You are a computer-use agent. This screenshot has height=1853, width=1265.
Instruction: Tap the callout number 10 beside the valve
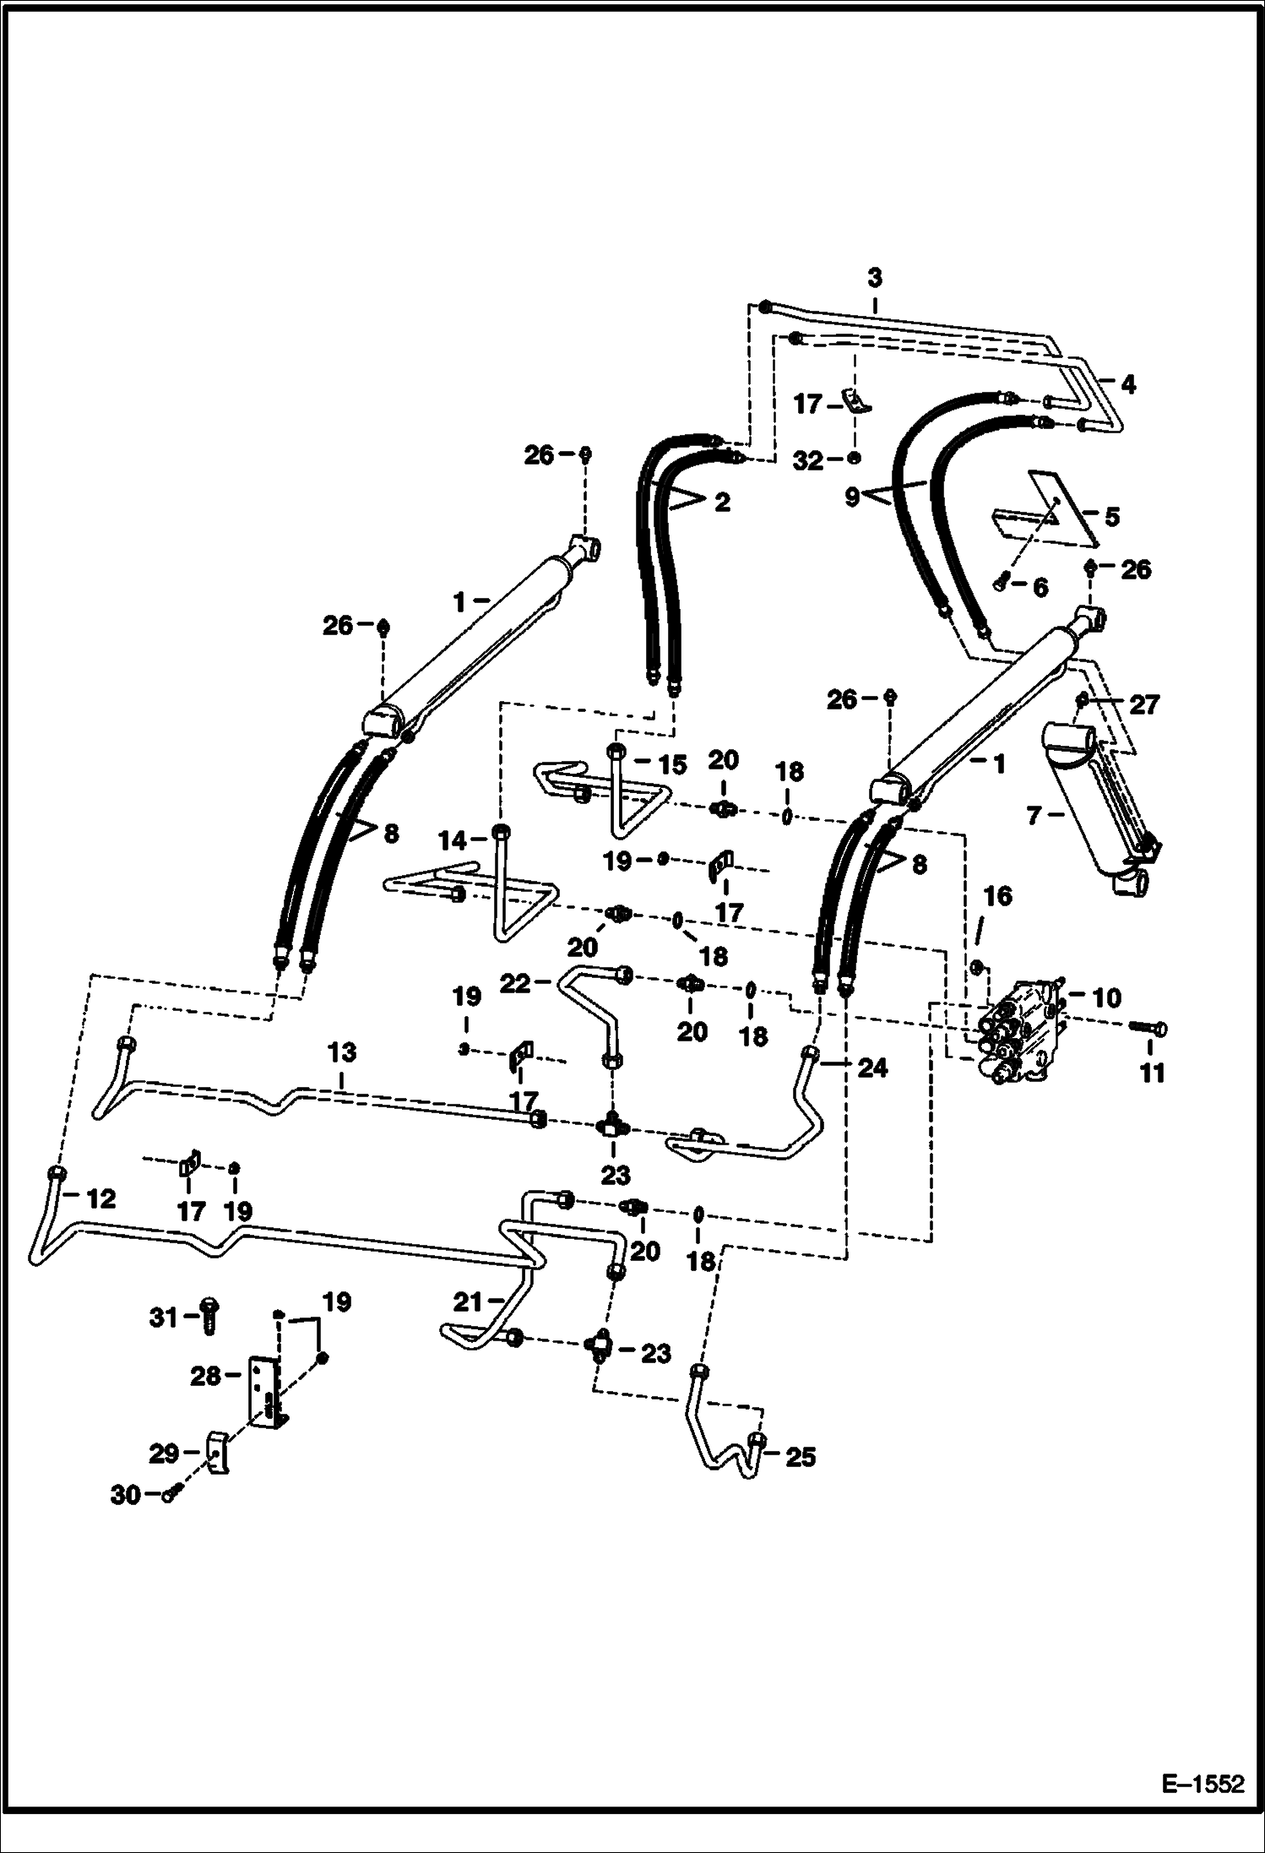(x=1105, y=998)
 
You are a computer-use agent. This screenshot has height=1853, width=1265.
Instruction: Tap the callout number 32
(x=808, y=460)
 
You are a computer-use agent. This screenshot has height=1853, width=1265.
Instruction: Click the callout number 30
(x=126, y=1495)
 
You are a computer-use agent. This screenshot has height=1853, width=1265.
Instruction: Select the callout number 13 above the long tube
(x=341, y=1052)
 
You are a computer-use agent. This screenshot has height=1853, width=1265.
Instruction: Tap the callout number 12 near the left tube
(x=100, y=1198)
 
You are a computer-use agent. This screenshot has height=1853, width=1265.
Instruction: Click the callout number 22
(x=515, y=983)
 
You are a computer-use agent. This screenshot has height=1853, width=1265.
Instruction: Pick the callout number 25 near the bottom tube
(x=800, y=1457)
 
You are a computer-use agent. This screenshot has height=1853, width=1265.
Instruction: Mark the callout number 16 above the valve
(x=998, y=896)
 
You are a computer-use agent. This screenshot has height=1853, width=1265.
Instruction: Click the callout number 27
(x=1144, y=704)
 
